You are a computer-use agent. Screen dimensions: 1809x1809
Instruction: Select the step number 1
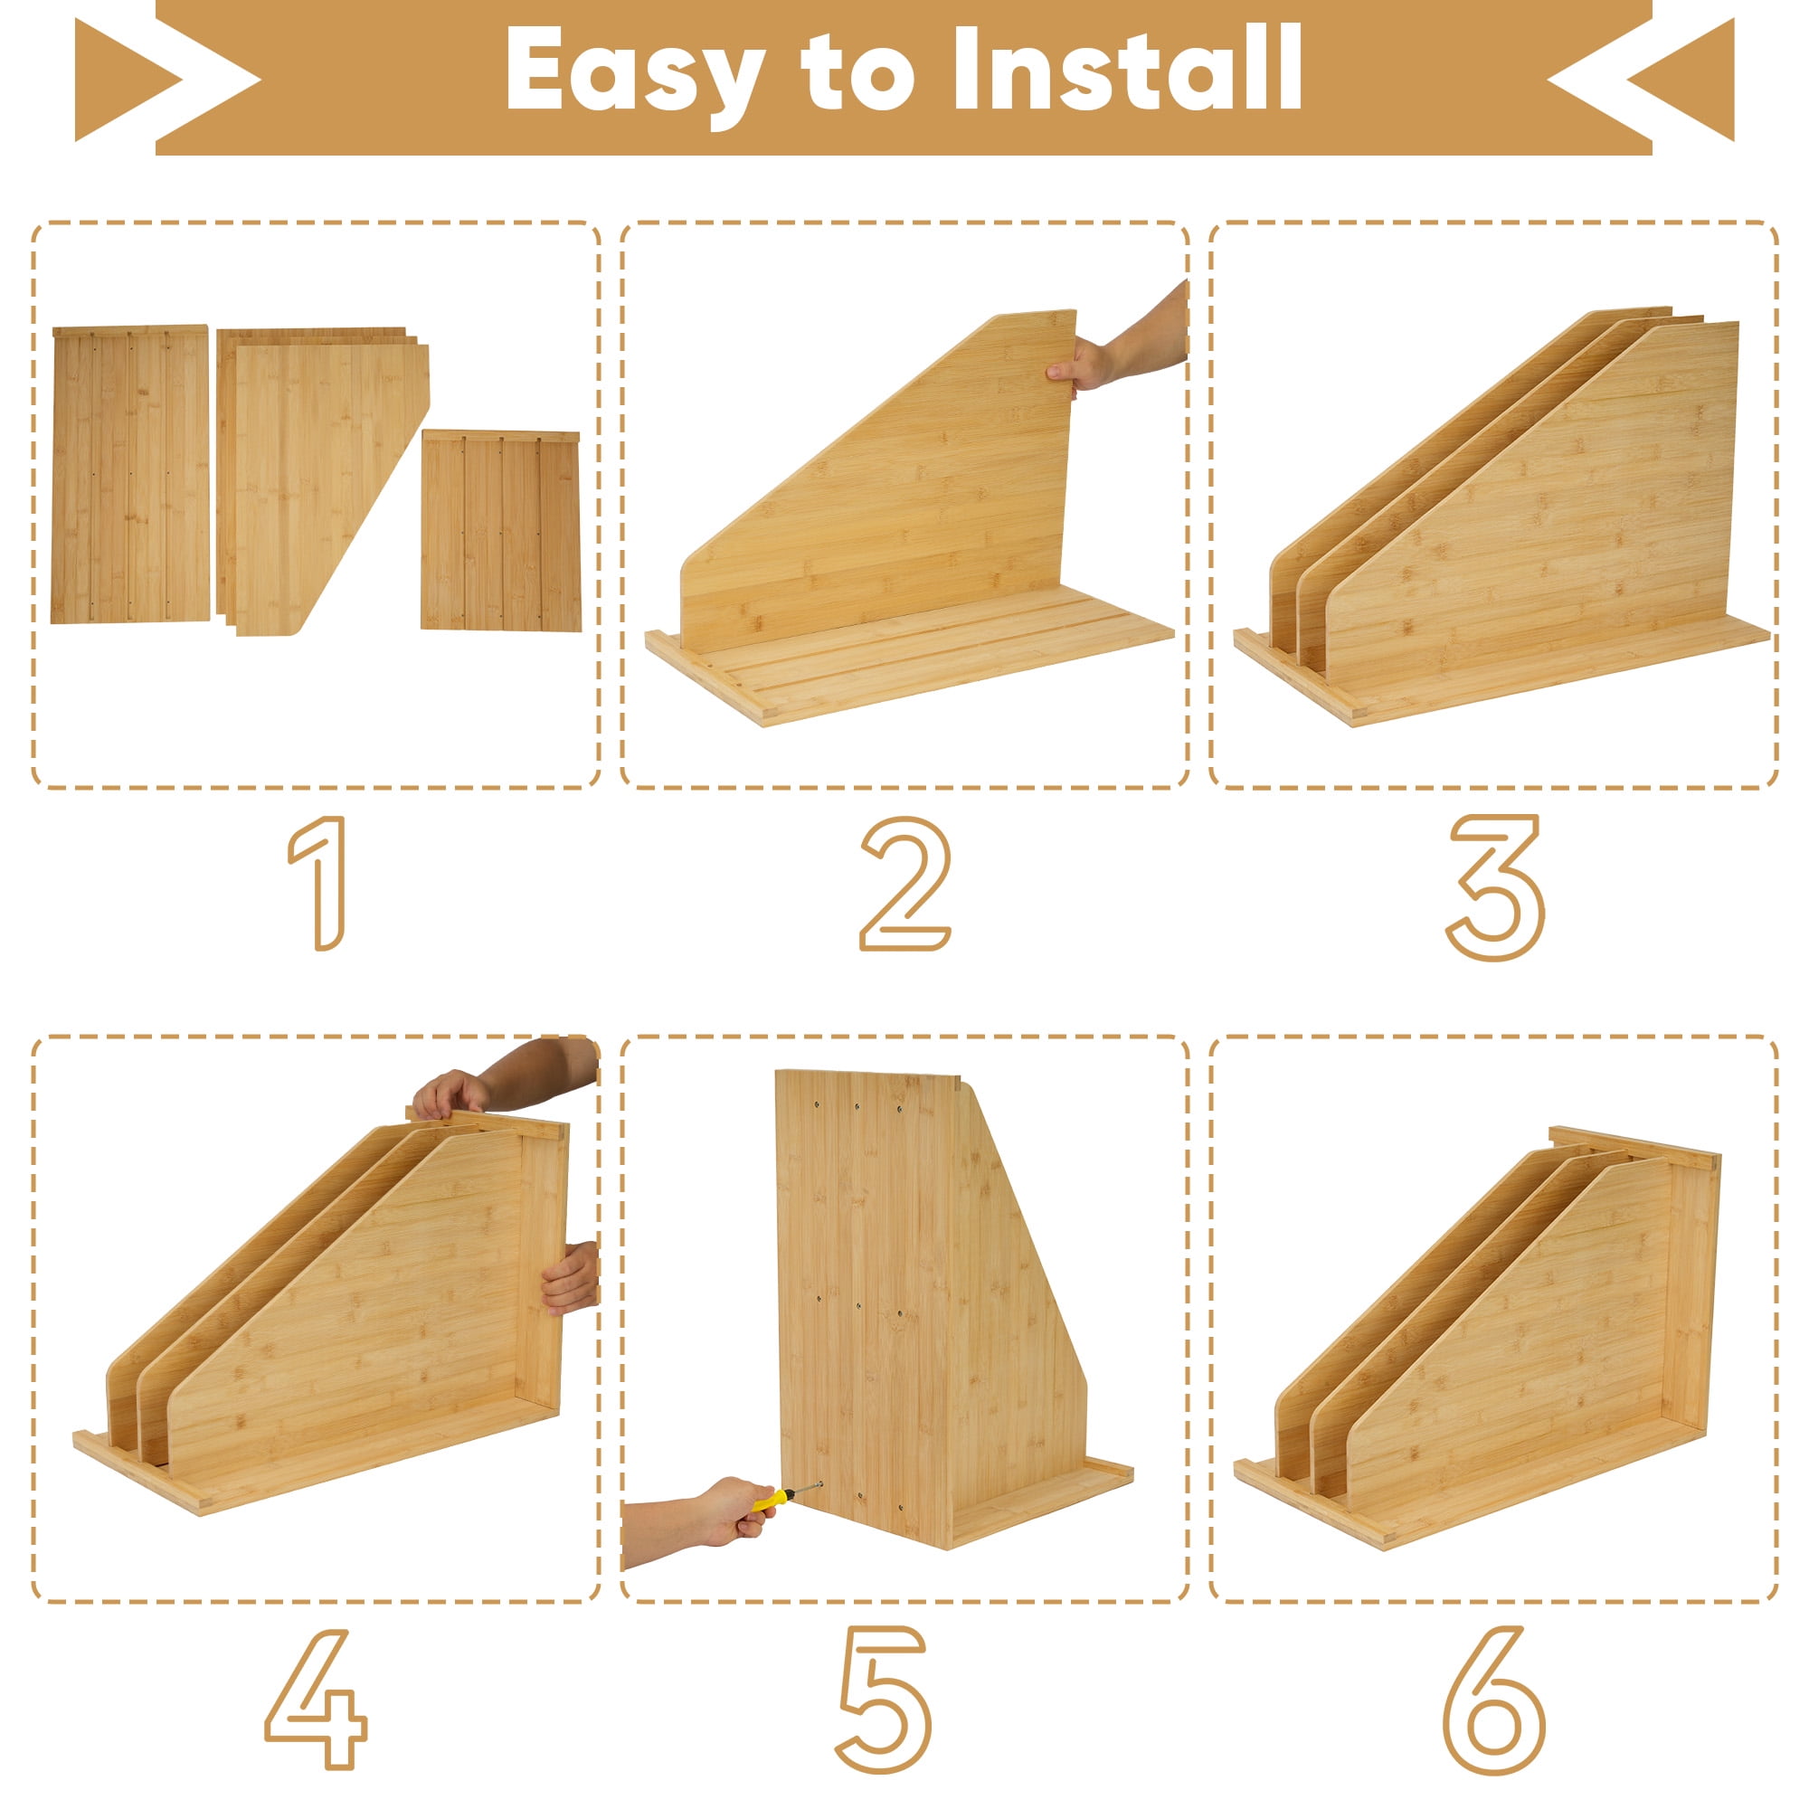pyautogui.click(x=318, y=883)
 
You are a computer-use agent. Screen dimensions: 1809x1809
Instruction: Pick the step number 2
pyautogui.click(x=904, y=883)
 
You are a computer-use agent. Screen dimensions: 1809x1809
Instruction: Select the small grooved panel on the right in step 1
pyautogui.click(x=501, y=530)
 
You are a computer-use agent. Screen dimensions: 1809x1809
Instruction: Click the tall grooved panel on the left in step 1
pyautogui.click(x=130, y=474)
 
